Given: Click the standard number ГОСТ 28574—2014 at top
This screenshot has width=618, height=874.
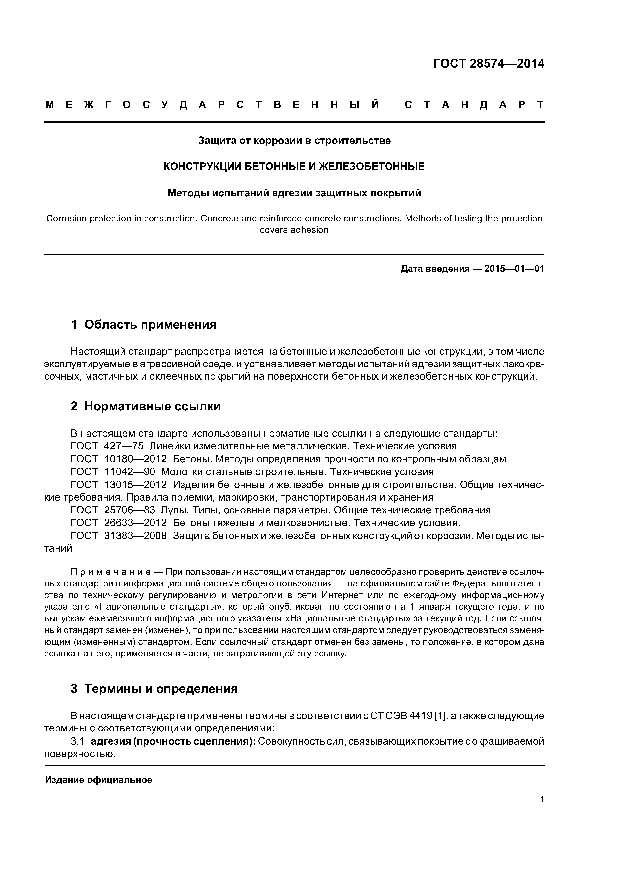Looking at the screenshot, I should coord(488,64).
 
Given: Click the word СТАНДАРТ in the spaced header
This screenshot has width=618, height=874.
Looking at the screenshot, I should coord(474,105).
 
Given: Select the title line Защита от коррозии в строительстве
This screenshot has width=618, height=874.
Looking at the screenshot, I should coord(294,141).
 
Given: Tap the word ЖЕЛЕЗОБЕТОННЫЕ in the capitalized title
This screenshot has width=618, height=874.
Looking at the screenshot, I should coord(371,166).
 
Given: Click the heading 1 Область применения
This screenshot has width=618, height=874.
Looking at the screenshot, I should coord(144,325).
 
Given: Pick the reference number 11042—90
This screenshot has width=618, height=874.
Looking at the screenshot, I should coord(130,472).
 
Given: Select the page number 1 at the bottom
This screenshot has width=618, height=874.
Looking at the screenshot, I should coord(541,810).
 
